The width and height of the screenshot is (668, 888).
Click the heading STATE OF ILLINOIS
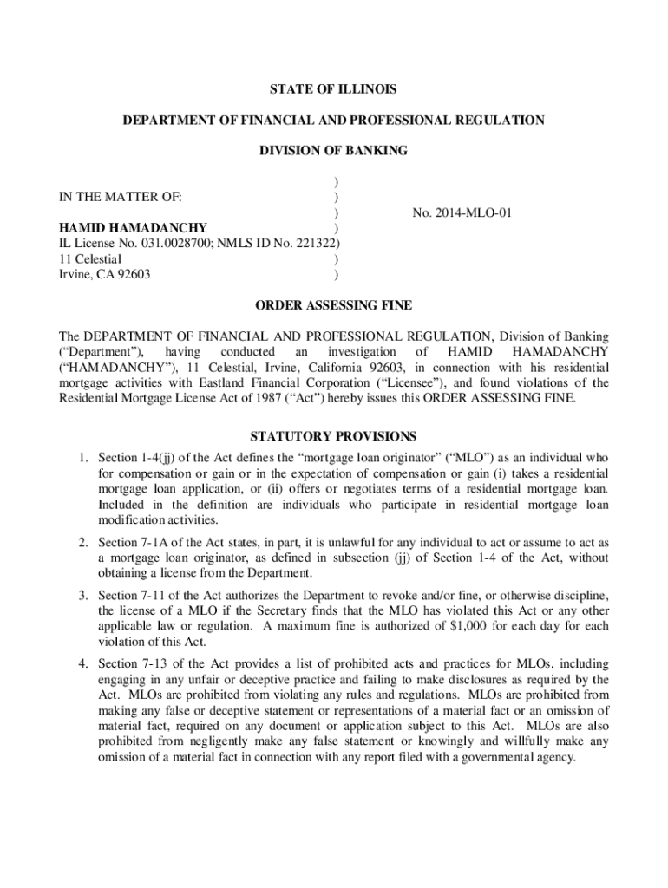333,89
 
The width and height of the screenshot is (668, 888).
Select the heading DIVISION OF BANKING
333,151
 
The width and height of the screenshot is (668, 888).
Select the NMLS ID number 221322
315,244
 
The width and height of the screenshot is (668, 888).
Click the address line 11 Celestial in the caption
90,259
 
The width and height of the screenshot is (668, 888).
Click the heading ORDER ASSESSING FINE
333,305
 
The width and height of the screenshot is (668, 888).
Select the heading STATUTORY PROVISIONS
333,436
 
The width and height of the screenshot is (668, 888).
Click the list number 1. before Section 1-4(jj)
82,457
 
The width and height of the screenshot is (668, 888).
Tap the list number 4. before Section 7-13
82,664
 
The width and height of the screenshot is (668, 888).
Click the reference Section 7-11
129,596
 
